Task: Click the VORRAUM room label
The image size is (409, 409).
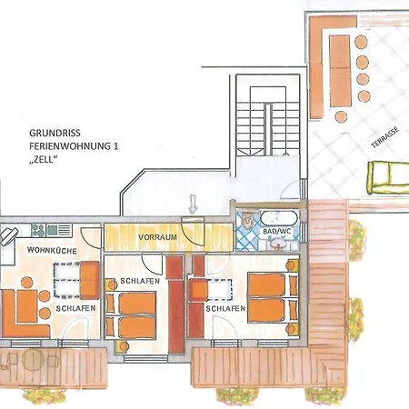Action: [x=157, y=237]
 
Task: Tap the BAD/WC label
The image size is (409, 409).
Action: [x=277, y=232]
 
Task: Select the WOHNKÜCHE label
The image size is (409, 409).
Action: [x=52, y=251]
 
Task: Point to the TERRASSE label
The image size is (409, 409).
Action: [x=385, y=137]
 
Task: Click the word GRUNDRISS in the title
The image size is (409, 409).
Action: [x=55, y=133]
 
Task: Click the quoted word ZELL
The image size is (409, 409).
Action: [x=44, y=160]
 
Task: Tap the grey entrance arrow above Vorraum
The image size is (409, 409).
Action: [x=193, y=204]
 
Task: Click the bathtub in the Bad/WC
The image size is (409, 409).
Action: [x=279, y=218]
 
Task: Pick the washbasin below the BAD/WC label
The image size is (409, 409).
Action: [x=277, y=244]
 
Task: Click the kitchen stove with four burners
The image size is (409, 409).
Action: [x=38, y=230]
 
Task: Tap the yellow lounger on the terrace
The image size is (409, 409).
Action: [x=388, y=178]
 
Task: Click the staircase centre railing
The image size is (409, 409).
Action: [x=268, y=129]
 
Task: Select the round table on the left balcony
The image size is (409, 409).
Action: [x=33, y=360]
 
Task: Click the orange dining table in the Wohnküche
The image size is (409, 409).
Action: [x=26, y=306]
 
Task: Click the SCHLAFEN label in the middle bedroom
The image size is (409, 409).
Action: [x=140, y=281]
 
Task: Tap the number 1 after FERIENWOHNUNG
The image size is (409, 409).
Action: [x=115, y=146]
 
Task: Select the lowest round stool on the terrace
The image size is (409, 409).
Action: [x=342, y=116]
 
